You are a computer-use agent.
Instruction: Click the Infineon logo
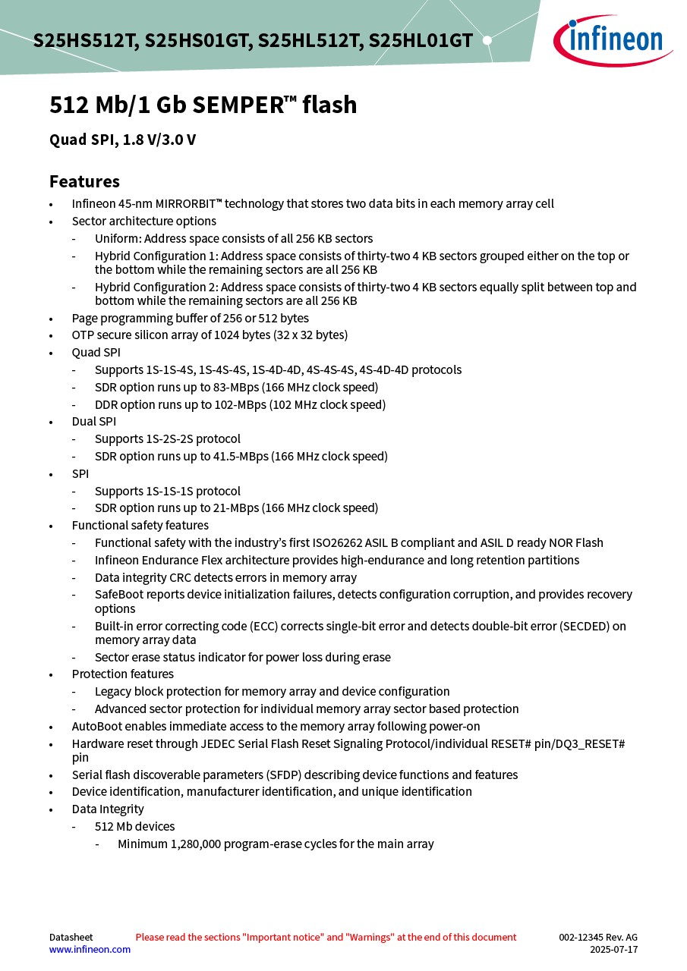612,39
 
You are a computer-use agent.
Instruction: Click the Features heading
84,182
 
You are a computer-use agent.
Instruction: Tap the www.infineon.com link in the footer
90,949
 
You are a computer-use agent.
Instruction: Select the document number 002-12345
582,938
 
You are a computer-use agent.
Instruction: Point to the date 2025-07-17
613,950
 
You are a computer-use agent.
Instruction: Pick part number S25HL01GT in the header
421,41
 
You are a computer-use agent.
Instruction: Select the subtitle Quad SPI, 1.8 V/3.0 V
122,140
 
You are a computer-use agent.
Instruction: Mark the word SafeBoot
120,595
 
